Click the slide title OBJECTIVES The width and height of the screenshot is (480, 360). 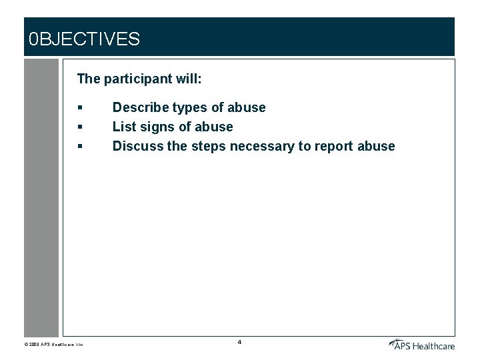tap(85, 39)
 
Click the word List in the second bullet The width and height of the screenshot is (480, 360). tap(123, 127)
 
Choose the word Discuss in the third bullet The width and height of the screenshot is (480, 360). tap(137, 146)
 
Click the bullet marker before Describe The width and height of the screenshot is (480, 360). tap(79, 108)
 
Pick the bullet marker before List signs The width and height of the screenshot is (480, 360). tap(79, 127)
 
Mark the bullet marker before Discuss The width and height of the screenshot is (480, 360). tap(79, 146)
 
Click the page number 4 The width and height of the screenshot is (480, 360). tap(239, 342)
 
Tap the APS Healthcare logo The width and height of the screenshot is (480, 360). tap(421, 344)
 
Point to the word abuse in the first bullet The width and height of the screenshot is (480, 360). tap(247, 108)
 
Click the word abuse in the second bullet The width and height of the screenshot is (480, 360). tap(214, 127)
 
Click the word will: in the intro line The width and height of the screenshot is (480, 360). tap(188, 79)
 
